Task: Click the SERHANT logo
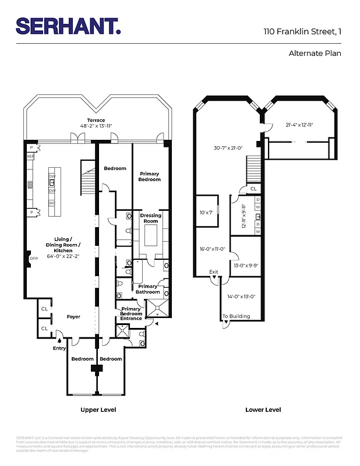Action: click(68, 26)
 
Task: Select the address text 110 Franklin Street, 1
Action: click(302, 31)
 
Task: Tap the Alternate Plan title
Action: click(315, 54)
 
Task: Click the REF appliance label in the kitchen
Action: click(31, 157)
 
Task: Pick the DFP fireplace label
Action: click(33, 258)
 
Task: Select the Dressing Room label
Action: click(151, 218)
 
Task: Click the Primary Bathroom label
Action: click(147, 289)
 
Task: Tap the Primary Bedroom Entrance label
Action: click(131, 313)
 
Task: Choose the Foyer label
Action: click(73, 317)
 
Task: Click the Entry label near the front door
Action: click(59, 348)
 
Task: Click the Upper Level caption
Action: click(98, 410)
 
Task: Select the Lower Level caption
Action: click(263, 410)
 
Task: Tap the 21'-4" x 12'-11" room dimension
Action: click(299, 125)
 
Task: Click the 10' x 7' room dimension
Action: click(207, 213)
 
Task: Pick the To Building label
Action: click(236, 316)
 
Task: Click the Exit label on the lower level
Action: click(214, 272)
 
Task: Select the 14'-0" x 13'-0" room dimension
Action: click(241, 296)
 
